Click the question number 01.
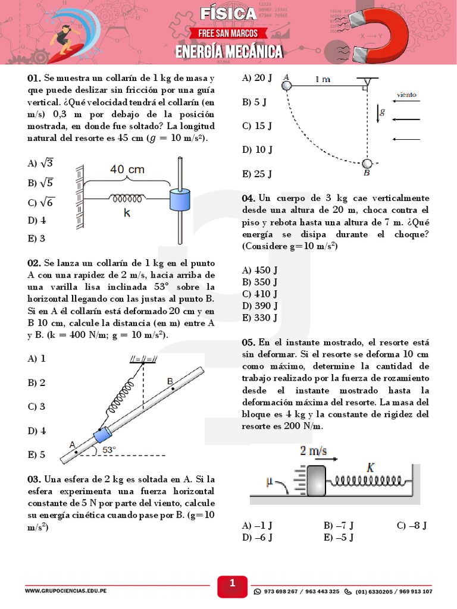tap(34, 79)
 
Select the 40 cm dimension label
tap(127, 169)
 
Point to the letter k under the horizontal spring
tap(127, 212)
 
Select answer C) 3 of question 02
tap(37, 407)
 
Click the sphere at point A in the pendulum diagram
tap(286, 85)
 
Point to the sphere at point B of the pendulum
tap(367, 164)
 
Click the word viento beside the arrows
tap(406, 95)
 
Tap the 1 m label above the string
tap(323, 79)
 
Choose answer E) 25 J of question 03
tap(257, 174)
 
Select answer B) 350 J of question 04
tap(260, 282)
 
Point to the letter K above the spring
tap(370, 467)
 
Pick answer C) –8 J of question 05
tap(412, 526)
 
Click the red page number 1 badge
tap(232, 585)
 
